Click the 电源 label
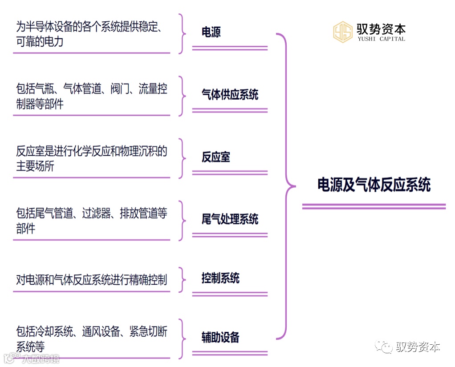pos(211,32)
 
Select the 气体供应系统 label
pos(230,95)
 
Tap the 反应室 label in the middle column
pos(216,157)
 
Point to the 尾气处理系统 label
pos(230,219)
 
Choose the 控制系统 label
pos(220,279)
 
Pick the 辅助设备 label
pos(220,338)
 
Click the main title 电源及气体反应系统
pos(374,185)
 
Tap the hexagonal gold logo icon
pos(343,32)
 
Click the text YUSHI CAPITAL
pos(381,39)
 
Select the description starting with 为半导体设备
pos(89,34)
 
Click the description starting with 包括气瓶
pos(91,96)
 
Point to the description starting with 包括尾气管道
pos(91,221)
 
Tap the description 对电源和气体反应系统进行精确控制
pos(91,280)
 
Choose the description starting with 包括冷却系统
pos(91,339)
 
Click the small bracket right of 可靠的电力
pos(182,34)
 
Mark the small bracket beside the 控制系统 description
pos(182,280)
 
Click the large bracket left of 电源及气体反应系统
pos(285,186)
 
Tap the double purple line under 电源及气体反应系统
pos(374,206)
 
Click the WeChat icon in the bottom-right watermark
pos(383,346)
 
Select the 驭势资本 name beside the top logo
pos(381,29)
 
